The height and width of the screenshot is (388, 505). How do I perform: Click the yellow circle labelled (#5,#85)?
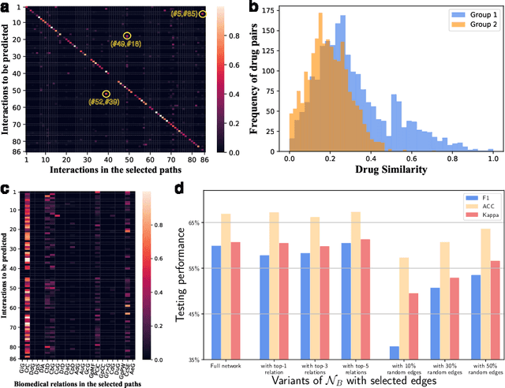203,14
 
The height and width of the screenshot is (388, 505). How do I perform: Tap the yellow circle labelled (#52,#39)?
107,94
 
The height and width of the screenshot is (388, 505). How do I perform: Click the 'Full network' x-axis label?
226,364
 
